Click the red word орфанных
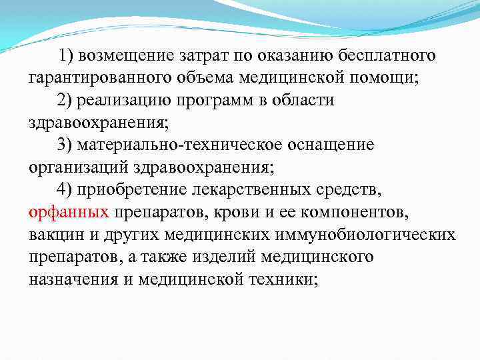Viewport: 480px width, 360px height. [70, 213]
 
